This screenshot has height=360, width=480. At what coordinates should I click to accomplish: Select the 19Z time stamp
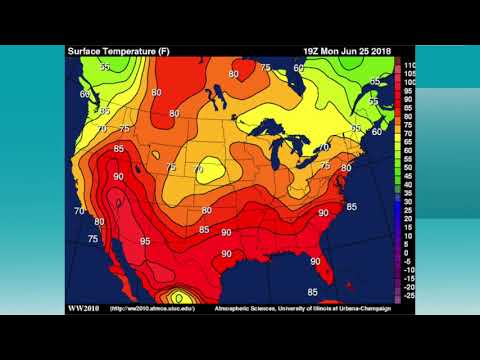(x=312, y=51)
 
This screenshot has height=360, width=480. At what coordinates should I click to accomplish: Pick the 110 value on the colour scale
(x=408, y=63)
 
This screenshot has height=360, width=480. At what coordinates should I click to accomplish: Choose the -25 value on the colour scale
(x=408, y=297)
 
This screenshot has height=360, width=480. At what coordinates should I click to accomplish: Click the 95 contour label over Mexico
(x=145, y=242)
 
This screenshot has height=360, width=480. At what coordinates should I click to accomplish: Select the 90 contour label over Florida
(x=314, y=261)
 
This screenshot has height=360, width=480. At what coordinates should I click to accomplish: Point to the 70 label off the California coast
(x=79, y=211)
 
